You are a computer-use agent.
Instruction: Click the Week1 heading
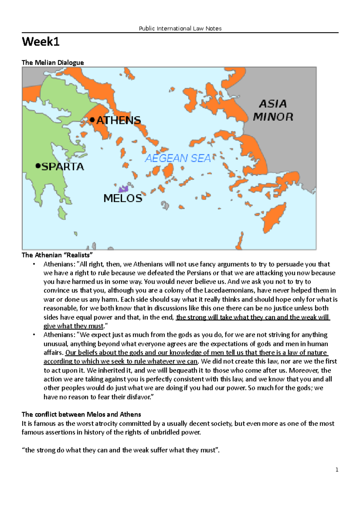40,42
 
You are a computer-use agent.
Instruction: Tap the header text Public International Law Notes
180,28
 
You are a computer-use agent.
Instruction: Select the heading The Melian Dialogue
52,63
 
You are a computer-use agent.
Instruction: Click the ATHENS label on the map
118,121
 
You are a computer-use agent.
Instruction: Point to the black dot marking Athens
92,120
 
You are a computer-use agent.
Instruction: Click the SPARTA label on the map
62,167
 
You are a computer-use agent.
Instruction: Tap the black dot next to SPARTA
38,165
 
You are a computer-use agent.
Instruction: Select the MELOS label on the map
123,198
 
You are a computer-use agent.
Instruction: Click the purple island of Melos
123,189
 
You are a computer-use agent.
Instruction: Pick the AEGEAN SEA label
178,158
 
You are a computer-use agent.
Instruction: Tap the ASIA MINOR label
273,110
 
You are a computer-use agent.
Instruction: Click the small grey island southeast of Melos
165,205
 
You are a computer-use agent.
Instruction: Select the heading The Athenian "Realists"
57,255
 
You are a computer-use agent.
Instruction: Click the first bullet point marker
34,264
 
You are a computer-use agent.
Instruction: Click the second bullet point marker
34,335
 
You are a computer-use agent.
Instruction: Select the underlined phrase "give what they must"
73,326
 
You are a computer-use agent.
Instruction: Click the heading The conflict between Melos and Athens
81,415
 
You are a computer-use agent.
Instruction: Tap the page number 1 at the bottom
337,470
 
